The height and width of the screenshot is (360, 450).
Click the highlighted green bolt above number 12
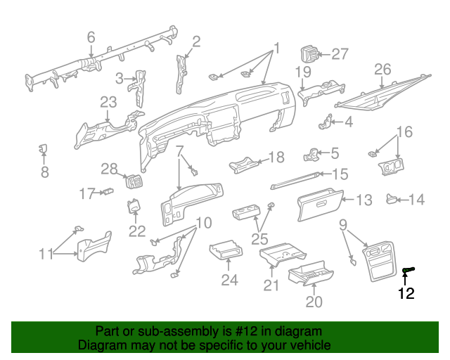tap(409, 270)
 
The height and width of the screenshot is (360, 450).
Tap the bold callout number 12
tap(406, 293)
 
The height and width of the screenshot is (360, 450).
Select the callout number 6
tap(91, 37)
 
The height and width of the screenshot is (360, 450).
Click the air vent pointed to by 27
tap(309, 53)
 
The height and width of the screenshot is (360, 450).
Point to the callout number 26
tap(382, 70)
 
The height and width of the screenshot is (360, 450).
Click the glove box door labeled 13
tap(320, 205)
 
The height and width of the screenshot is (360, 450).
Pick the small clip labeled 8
tap(44, 148)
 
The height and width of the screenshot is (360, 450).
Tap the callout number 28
tap(109, 169)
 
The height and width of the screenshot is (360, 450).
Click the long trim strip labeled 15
tap(295, 181)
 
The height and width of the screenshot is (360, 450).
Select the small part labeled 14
tap(392, 199)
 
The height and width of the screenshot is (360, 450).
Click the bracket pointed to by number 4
tap(325, 122)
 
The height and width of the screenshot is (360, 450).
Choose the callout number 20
tap(314, 302)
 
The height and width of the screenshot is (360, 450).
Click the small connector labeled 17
tap(108, 191)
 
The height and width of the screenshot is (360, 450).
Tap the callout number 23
tap(108, 103)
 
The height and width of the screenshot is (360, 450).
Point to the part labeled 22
tap(134, 206)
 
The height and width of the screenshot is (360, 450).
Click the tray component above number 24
tap(226, 249)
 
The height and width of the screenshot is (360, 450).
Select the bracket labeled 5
tap(311, 155)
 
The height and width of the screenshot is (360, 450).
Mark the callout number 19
tap(303, 72)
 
